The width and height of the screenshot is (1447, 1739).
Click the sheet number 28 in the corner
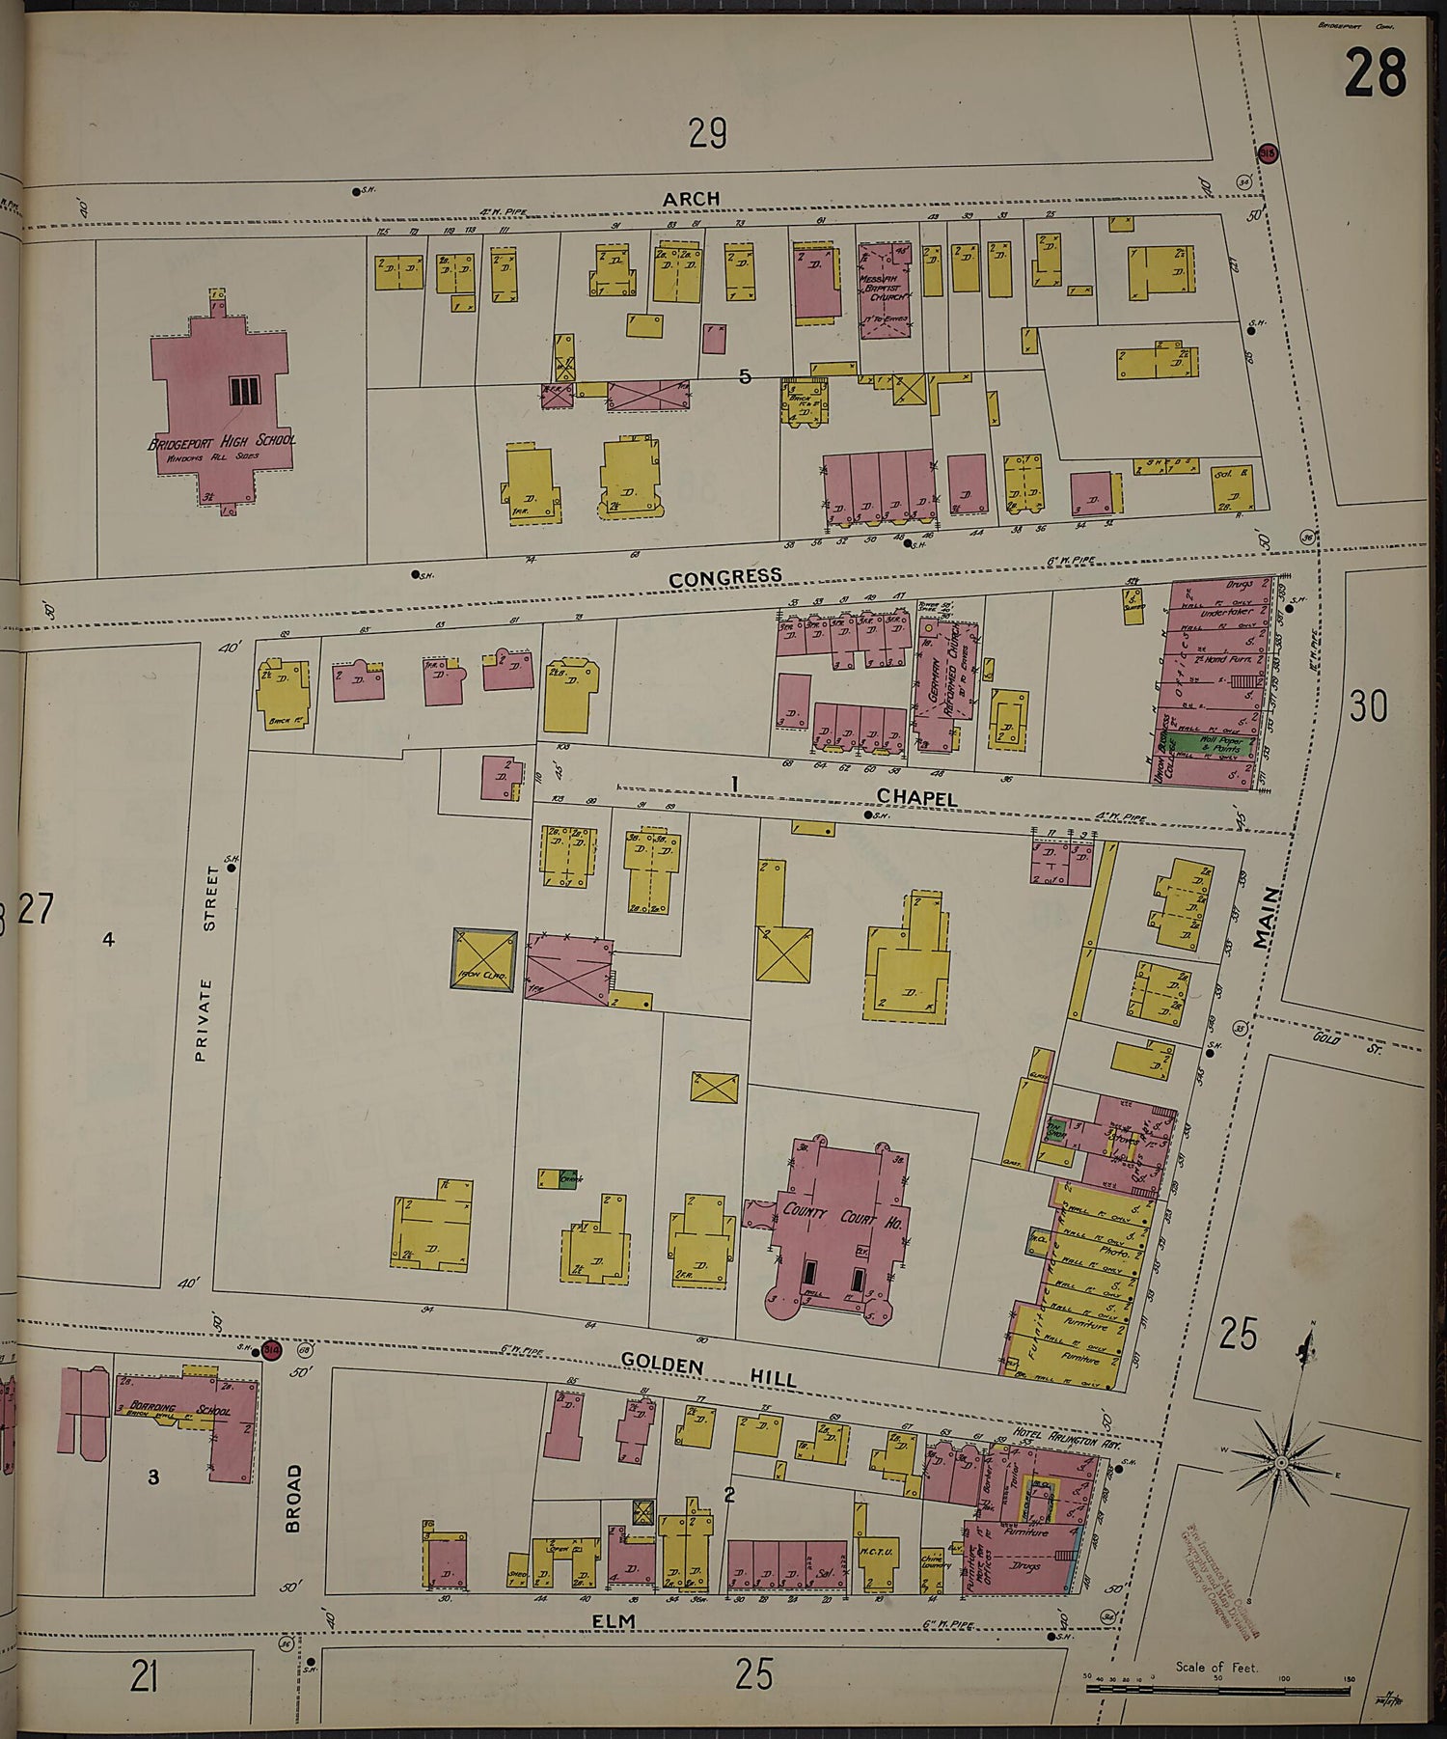pyautogui.click(x=1376, y=73)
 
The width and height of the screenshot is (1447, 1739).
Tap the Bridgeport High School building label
pyautogui.click(x=222, y=441)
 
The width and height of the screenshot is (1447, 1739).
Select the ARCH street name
pyautogui.click(x=691, y=199)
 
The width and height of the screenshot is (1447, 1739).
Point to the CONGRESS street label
pyautogui.click(x=725, y=577)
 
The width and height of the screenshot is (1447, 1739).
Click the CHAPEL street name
pyautogui.click(x=916, y=798)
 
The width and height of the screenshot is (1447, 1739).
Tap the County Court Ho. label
pyautogui.click(x=842, y=1215)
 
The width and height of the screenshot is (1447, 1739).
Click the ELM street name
pyautogui.click(x=614, y=1621)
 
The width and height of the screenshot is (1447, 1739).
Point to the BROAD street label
pyautogui.click(x=294, y=1499)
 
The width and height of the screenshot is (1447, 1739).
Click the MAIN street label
pyautogui.click(x=1268, y=919)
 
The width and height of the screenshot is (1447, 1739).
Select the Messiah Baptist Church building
pyautogui.click(x=885, y=290)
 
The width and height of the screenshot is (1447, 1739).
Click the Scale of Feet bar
pyautogui.click(x=1219, y=1689)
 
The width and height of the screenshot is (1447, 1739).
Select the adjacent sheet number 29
pyautogui.click(x=707, y=133)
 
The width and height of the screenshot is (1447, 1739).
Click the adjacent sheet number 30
pyautogui.click(x=1368, y=706)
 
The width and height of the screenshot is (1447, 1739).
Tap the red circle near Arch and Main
pyautogui.click(x=1268, y=152)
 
